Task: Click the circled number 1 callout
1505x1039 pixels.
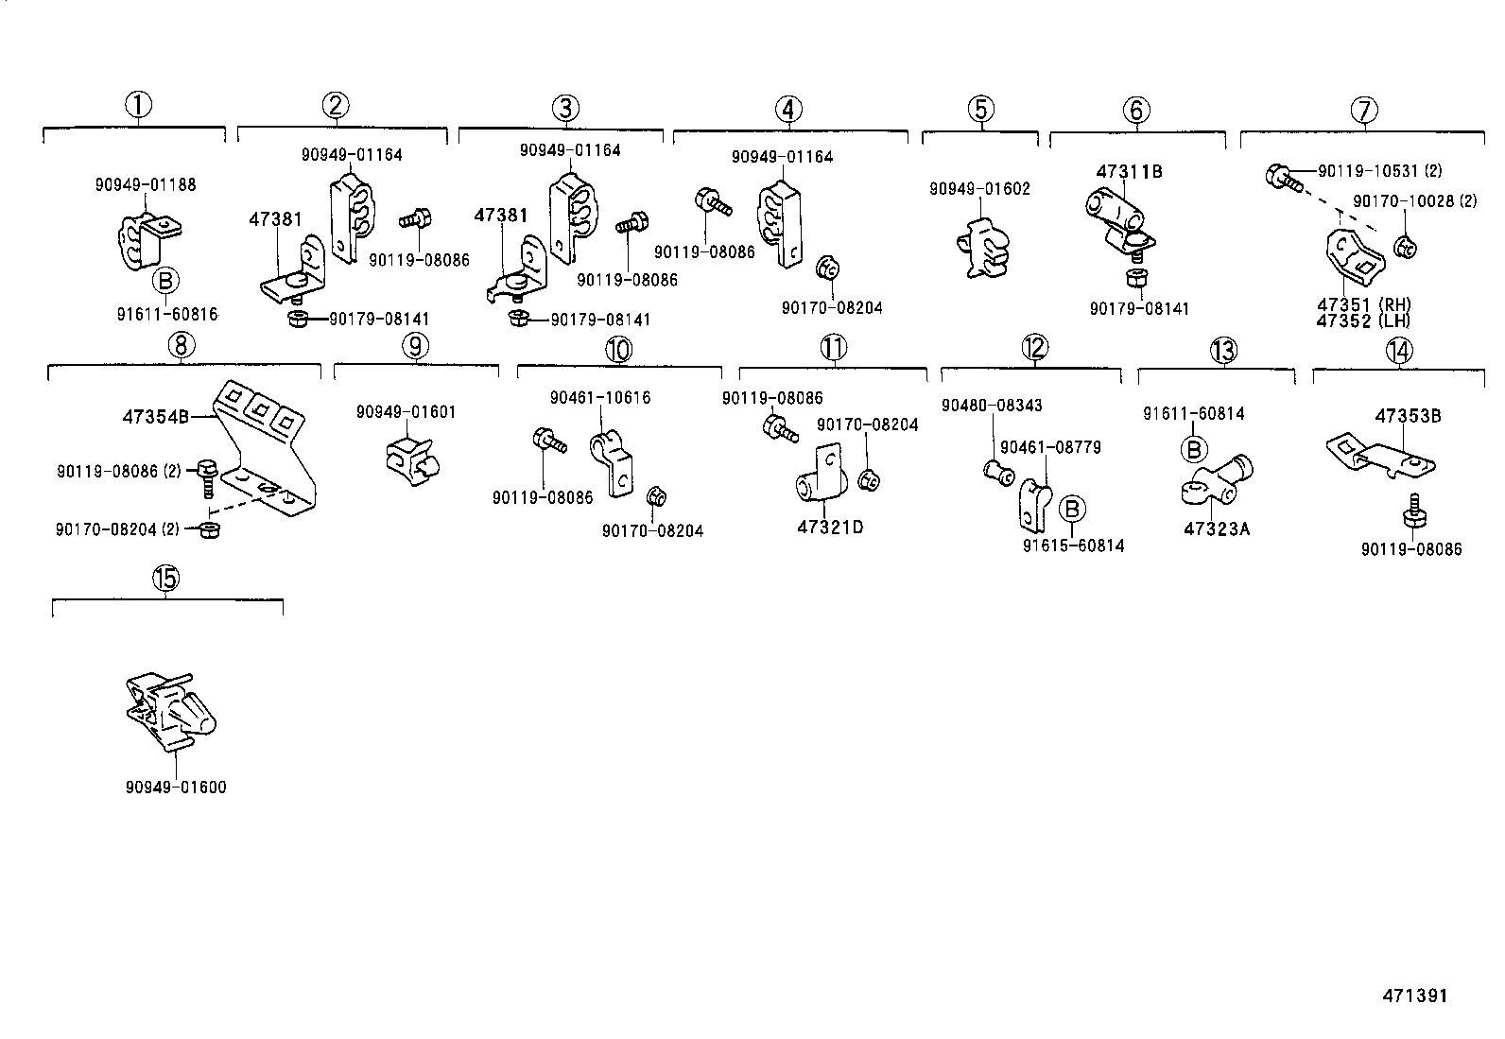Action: [139, 105]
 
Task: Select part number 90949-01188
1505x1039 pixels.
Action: [146, 184]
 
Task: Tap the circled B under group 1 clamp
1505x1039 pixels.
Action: [164, 281]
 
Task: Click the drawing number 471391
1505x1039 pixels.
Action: [1414, 996]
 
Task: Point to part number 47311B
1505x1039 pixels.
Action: [1129, 172]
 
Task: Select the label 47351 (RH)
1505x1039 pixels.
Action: [1363, 304]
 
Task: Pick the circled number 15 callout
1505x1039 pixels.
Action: [165, 578]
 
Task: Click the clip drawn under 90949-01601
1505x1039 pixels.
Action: [412, 455]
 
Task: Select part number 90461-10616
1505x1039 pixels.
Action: [600, 398]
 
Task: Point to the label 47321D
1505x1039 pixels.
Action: [830, 528]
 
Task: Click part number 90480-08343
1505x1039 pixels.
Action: [992, 406]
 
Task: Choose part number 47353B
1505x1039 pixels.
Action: [1408, 416]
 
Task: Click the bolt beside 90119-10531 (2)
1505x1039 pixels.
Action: [1281, 175]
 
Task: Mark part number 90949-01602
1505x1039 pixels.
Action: [979, 189]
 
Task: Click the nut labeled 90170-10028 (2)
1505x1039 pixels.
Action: [1404, 249]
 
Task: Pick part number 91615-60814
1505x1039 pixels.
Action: [1073, 545]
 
